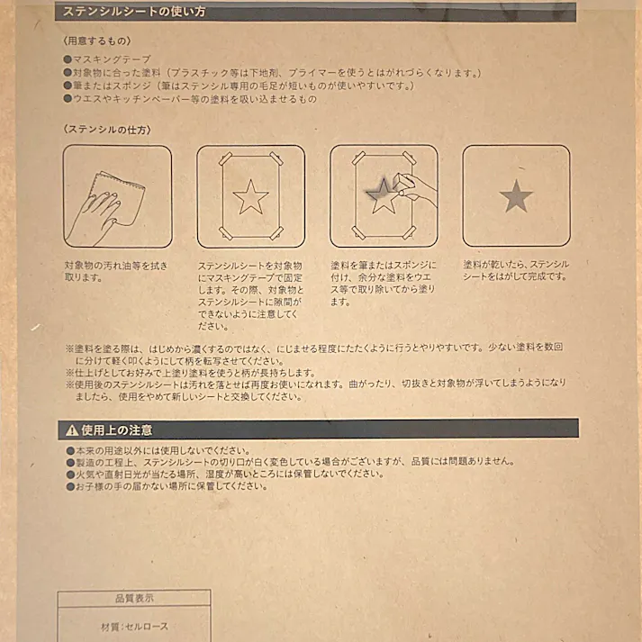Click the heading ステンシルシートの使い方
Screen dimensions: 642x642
[x=134, y=12]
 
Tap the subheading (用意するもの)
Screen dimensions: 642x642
[x=97, y=41]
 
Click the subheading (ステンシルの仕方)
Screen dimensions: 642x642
[x=107, y=130]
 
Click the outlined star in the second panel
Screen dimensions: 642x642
[x=250, y=196]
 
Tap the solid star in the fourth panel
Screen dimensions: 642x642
[x=516, y=196]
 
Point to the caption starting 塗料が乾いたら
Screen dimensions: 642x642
[x=516, y=270]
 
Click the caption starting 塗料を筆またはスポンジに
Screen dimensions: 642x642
[x=383, y=284]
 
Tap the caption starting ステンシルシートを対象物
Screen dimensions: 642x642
[x=250, y=296]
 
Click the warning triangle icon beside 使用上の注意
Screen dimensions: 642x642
[x=72, y=430]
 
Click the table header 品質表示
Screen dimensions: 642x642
[x=134, y=598]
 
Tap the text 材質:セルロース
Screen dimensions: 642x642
[x=134, y=627]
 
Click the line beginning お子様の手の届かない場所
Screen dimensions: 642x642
[x=171, y=486]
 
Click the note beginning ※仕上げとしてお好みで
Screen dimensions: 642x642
[x=194, y=372]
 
